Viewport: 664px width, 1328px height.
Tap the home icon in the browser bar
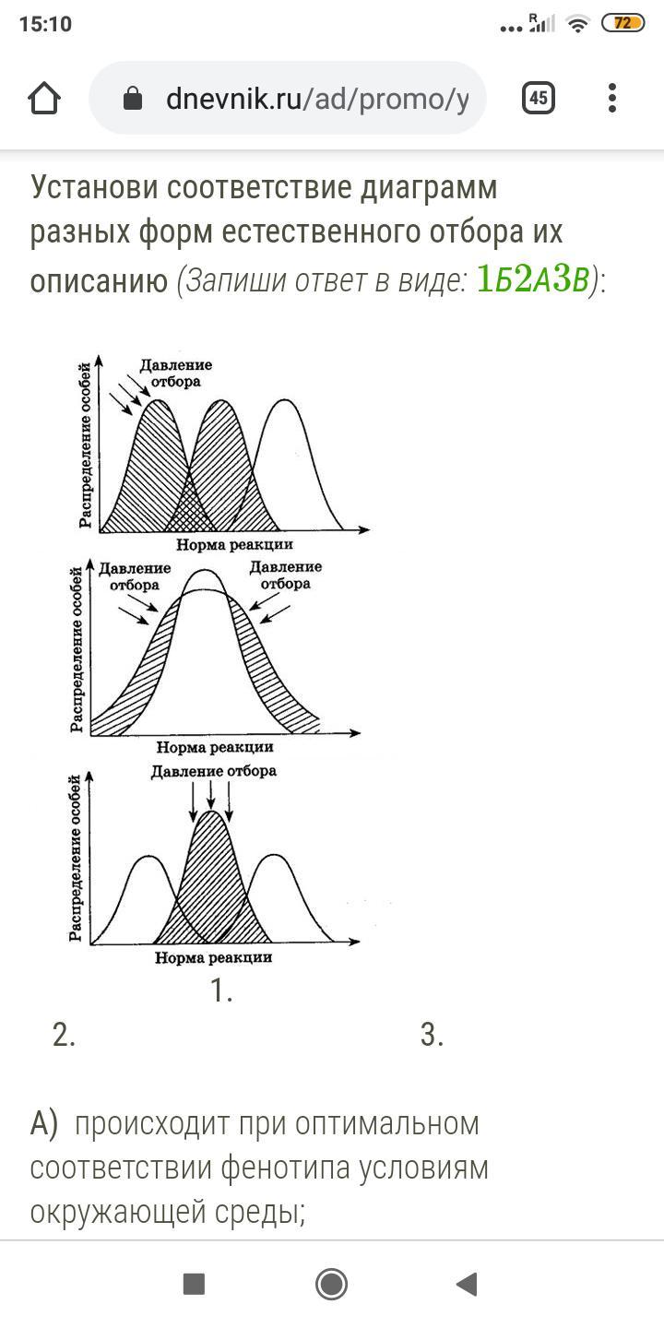(x=44, y=99)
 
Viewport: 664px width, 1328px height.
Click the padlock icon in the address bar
(x=133, y=99)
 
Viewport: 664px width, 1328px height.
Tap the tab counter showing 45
(x=538, y=98)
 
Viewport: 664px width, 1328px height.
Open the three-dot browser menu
(x=612, y=98)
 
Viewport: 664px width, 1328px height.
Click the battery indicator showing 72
(x=623, y=24)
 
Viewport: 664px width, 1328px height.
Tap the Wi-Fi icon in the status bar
(x=577, y=24)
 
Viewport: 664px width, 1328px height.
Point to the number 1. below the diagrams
(x=221, y=990)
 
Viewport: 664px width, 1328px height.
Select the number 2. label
(x=64, y=1035)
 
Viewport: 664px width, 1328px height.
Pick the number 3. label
(x=432, y=1035)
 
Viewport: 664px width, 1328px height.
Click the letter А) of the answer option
(x=44, y=1124)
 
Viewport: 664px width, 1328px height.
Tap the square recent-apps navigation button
(x=194, y=1284)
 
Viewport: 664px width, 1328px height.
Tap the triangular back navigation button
(x=466, y=1284)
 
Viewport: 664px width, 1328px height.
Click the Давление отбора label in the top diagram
(x=175, y=373)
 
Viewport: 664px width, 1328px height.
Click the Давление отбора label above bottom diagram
(x=214, y=771)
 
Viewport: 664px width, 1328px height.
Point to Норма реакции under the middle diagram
(x=215, y=747)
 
